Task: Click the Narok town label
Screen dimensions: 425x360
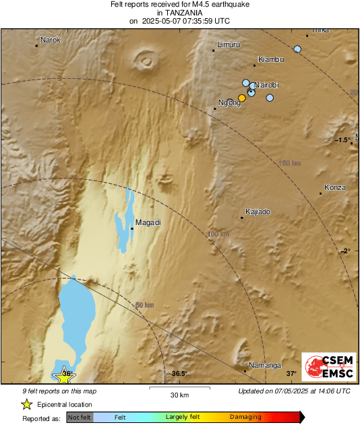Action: click(51, 40)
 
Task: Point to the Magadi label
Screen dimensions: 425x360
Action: click(148, 222)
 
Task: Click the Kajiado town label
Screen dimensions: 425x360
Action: click(258, 212)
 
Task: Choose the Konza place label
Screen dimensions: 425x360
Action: click(335, 187)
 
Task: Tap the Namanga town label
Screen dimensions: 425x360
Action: click(265, 366)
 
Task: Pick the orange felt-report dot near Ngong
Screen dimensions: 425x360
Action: click(242, 98)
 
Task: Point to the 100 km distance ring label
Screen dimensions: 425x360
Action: click(218, 234)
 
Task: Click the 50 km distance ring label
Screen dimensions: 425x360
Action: click(144, 305)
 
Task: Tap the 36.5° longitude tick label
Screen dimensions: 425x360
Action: click(179, 373)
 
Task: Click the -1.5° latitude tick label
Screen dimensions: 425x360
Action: click(343, 140)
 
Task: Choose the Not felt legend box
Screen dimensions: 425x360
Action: click(79, 418)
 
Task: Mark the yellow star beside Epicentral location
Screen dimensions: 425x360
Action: click(26, 404)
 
